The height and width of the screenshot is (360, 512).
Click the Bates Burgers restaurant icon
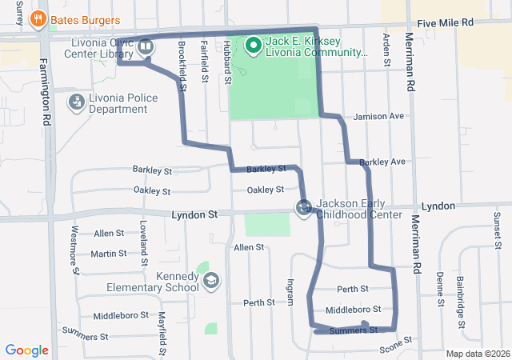pyautogui.click(x=37, y=19)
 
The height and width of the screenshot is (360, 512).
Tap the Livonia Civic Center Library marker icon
pyautogui.click(x=146, y=46)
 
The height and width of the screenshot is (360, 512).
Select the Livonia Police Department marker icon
pyautogui.click(x=77, y=102)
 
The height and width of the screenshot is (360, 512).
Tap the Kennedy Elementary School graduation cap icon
pyautogui.click(x=210, y=280)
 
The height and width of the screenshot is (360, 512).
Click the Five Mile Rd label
pyautogui.click(x=467, y=23)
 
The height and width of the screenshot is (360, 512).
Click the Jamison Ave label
pyautogui.click(x=378, y=116)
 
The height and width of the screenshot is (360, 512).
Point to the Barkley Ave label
pyautogui.click(x=382, y=162)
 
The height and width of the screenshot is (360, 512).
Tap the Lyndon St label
pyautogui.click(x=195, y=215)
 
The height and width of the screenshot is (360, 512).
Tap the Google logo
pyautogui.click(x=26, y=350)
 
